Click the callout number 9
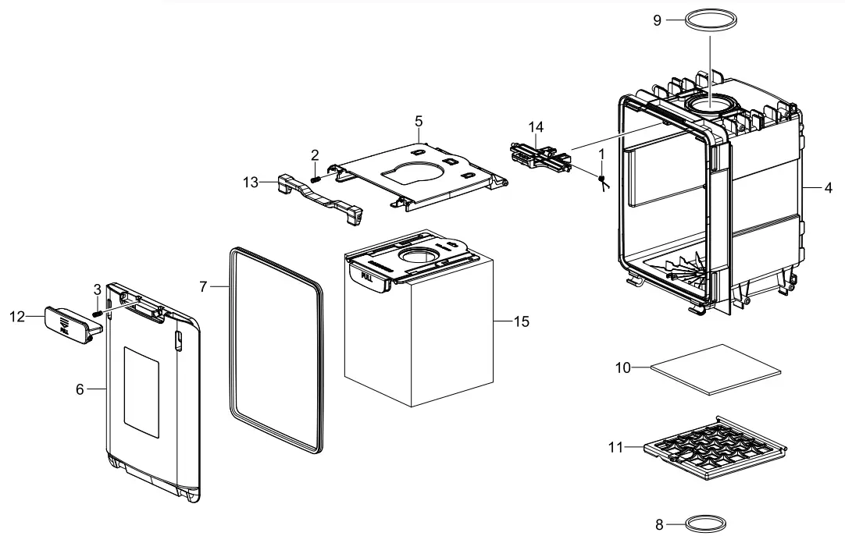(657, 20)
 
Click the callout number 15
(522, 321)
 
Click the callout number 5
(419, 121)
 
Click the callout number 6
(80, 389)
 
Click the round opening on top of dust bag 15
(420, 256)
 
